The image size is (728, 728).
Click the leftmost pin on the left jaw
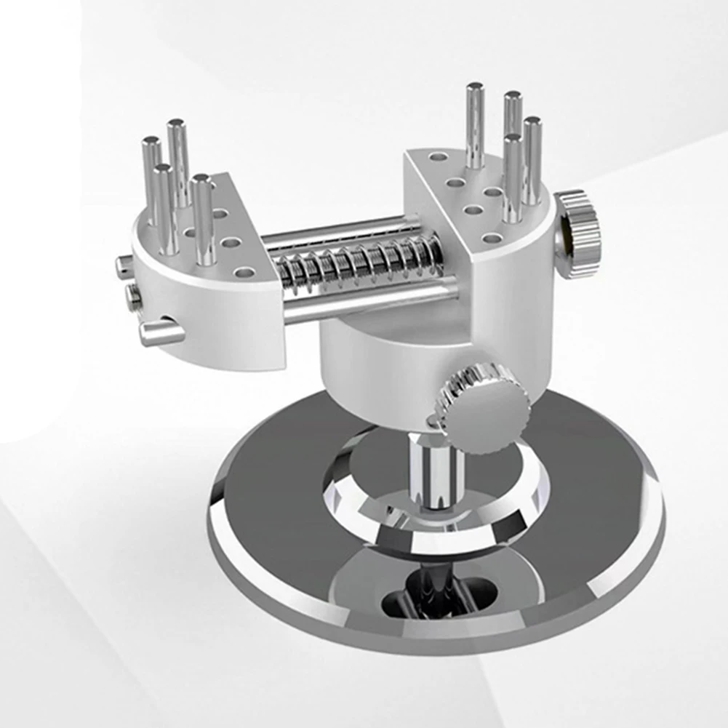click(x=151, y=175)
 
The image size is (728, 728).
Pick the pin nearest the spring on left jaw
click(x=203, y=218)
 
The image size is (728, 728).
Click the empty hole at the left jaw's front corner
click(x=244, y=273)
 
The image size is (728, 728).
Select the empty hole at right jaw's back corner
click(x=438, y=156)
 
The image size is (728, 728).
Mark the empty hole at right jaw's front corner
click(x=492, y=238)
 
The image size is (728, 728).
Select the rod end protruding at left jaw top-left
click(x=124, y=266)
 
